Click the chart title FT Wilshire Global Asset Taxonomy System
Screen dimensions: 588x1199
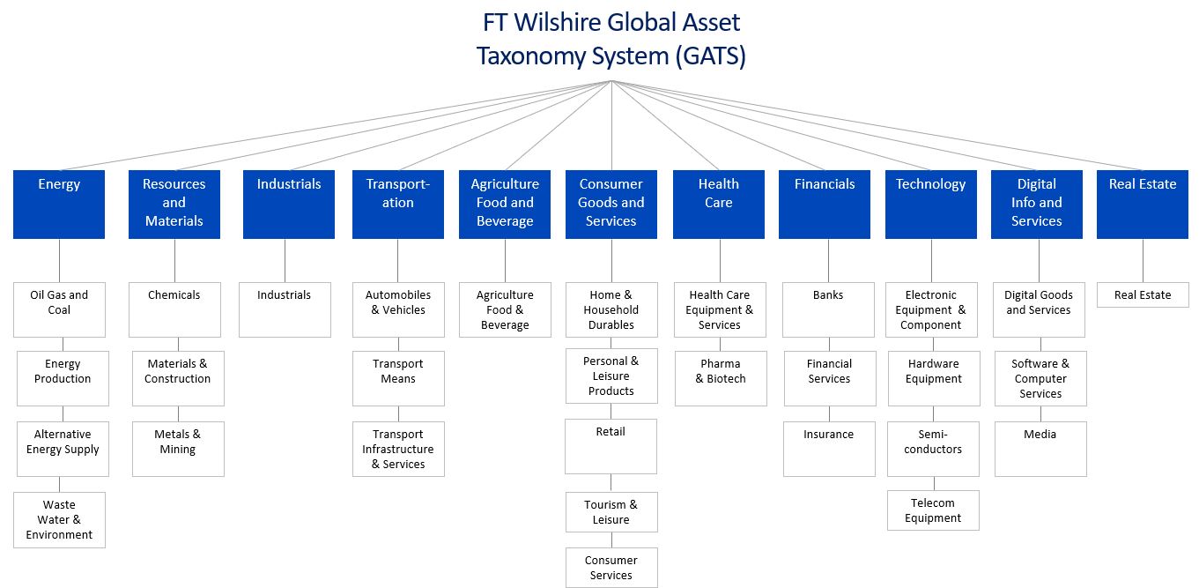[611, 38]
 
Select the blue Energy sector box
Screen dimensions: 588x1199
[59, 204]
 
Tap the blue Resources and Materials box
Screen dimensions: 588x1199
[174, 204]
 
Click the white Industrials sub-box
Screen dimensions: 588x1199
[285, 309]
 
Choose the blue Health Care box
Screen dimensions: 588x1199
[718, 204]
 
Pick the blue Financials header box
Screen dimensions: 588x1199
[825, 204]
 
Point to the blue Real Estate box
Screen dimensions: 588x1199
[1142, 204]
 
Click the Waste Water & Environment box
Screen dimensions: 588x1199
[59, 520]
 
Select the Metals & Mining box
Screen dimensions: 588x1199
[178, 449]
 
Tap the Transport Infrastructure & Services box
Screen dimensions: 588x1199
[398, 449]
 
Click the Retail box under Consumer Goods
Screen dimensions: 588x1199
[611, 446]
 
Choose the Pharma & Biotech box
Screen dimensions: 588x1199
[721, 378]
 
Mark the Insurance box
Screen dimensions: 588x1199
[829, 449]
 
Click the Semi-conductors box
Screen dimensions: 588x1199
[933, 449]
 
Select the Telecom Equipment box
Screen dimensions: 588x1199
[933, 510]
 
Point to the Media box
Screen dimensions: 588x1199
[1040, 449]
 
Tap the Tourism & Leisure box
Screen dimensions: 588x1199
[611, 512]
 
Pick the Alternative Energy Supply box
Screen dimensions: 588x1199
[63, 449]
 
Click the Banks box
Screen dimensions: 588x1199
[828, 309]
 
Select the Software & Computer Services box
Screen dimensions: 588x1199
[1040, 378]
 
